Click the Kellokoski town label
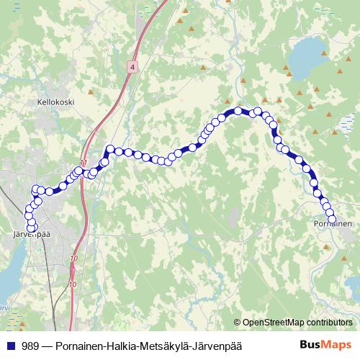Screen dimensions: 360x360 56,103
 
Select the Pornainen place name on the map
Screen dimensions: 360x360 333,224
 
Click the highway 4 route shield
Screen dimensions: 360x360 132,66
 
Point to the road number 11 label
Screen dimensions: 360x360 84,163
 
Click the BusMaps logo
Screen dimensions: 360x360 326,346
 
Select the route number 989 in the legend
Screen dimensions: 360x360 30,346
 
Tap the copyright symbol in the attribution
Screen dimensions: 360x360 237,323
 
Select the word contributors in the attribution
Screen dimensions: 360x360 331,323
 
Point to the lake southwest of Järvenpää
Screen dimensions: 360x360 9,277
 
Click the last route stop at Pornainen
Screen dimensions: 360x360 333,217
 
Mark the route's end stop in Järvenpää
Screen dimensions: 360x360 32,228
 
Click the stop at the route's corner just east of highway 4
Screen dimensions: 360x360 110,150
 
